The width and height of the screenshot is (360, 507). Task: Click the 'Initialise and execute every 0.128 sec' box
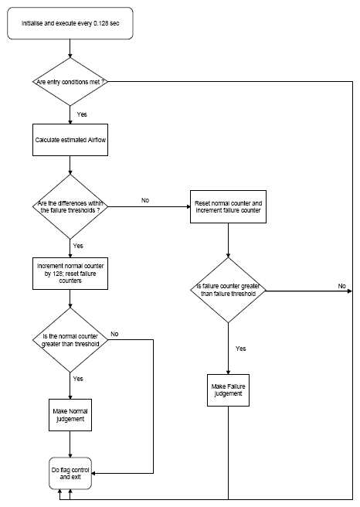pyautogui.click(x=70, y=23)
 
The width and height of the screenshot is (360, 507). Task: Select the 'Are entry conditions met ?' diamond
pyautogui.click(x=70, y=81)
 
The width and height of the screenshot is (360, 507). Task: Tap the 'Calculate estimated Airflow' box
pyautogui.click(x=70, y=140)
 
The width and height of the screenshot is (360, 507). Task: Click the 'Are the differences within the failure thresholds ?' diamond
pyautogui.click(x=70, y=206)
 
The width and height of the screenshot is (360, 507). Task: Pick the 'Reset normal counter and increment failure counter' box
pyautogui.click(x=228, y=206)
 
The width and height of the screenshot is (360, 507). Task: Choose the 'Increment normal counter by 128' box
pyautogui.click(x=70, y=274)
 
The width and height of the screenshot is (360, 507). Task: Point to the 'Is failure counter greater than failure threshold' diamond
pyautogui.click(x=228, y=290)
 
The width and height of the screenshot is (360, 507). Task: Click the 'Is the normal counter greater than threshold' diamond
pyautogui.click(x=70, y=340)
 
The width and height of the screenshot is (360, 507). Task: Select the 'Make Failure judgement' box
pyautogui.click(x=228, y=390)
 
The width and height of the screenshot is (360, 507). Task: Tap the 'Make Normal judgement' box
pyautogui.click(x=70, y=415)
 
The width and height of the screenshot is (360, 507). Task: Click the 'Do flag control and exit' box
pyautogui.click(x=70, y=473)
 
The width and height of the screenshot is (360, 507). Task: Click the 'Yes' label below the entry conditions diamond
pyautogui.click(x=82, y=114)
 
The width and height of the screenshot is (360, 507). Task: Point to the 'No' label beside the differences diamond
pyautogui.click(x=145, y=200)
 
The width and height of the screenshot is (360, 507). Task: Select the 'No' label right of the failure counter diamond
pyautogui.click(x=342, y=286)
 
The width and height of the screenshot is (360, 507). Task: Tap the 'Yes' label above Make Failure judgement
pyautogui.click(x=241, y=349)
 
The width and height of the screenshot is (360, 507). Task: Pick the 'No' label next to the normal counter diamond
pyautogui.click(x=114, y=334)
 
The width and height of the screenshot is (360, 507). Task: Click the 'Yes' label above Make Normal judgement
pyautogui.click(x=78, y=379)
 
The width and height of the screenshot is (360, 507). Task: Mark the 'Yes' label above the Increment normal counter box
pyautogui.click(x=78, y=246)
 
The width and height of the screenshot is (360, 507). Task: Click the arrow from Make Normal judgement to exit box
pyautogui.click(x=70, y=444)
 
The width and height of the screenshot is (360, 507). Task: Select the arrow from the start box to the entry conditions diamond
pyautogui.click(x=70, y=49)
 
